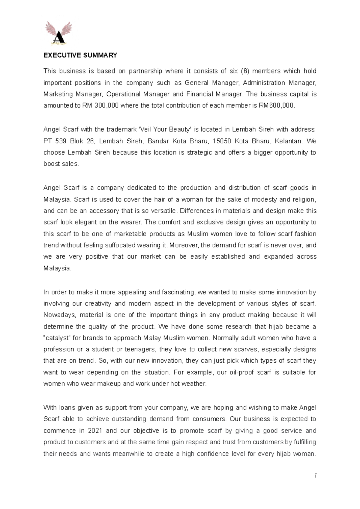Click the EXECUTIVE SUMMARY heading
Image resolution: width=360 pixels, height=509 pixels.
[80, 55]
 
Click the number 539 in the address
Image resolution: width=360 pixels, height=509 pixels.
[61, 141]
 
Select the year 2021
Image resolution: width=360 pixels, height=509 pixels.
[95, 431]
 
